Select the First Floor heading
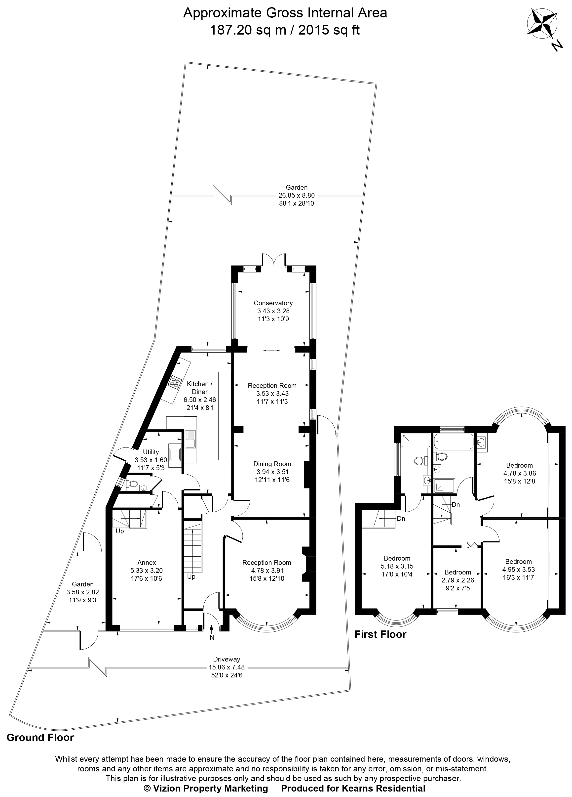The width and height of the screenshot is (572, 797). [380, 634]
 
